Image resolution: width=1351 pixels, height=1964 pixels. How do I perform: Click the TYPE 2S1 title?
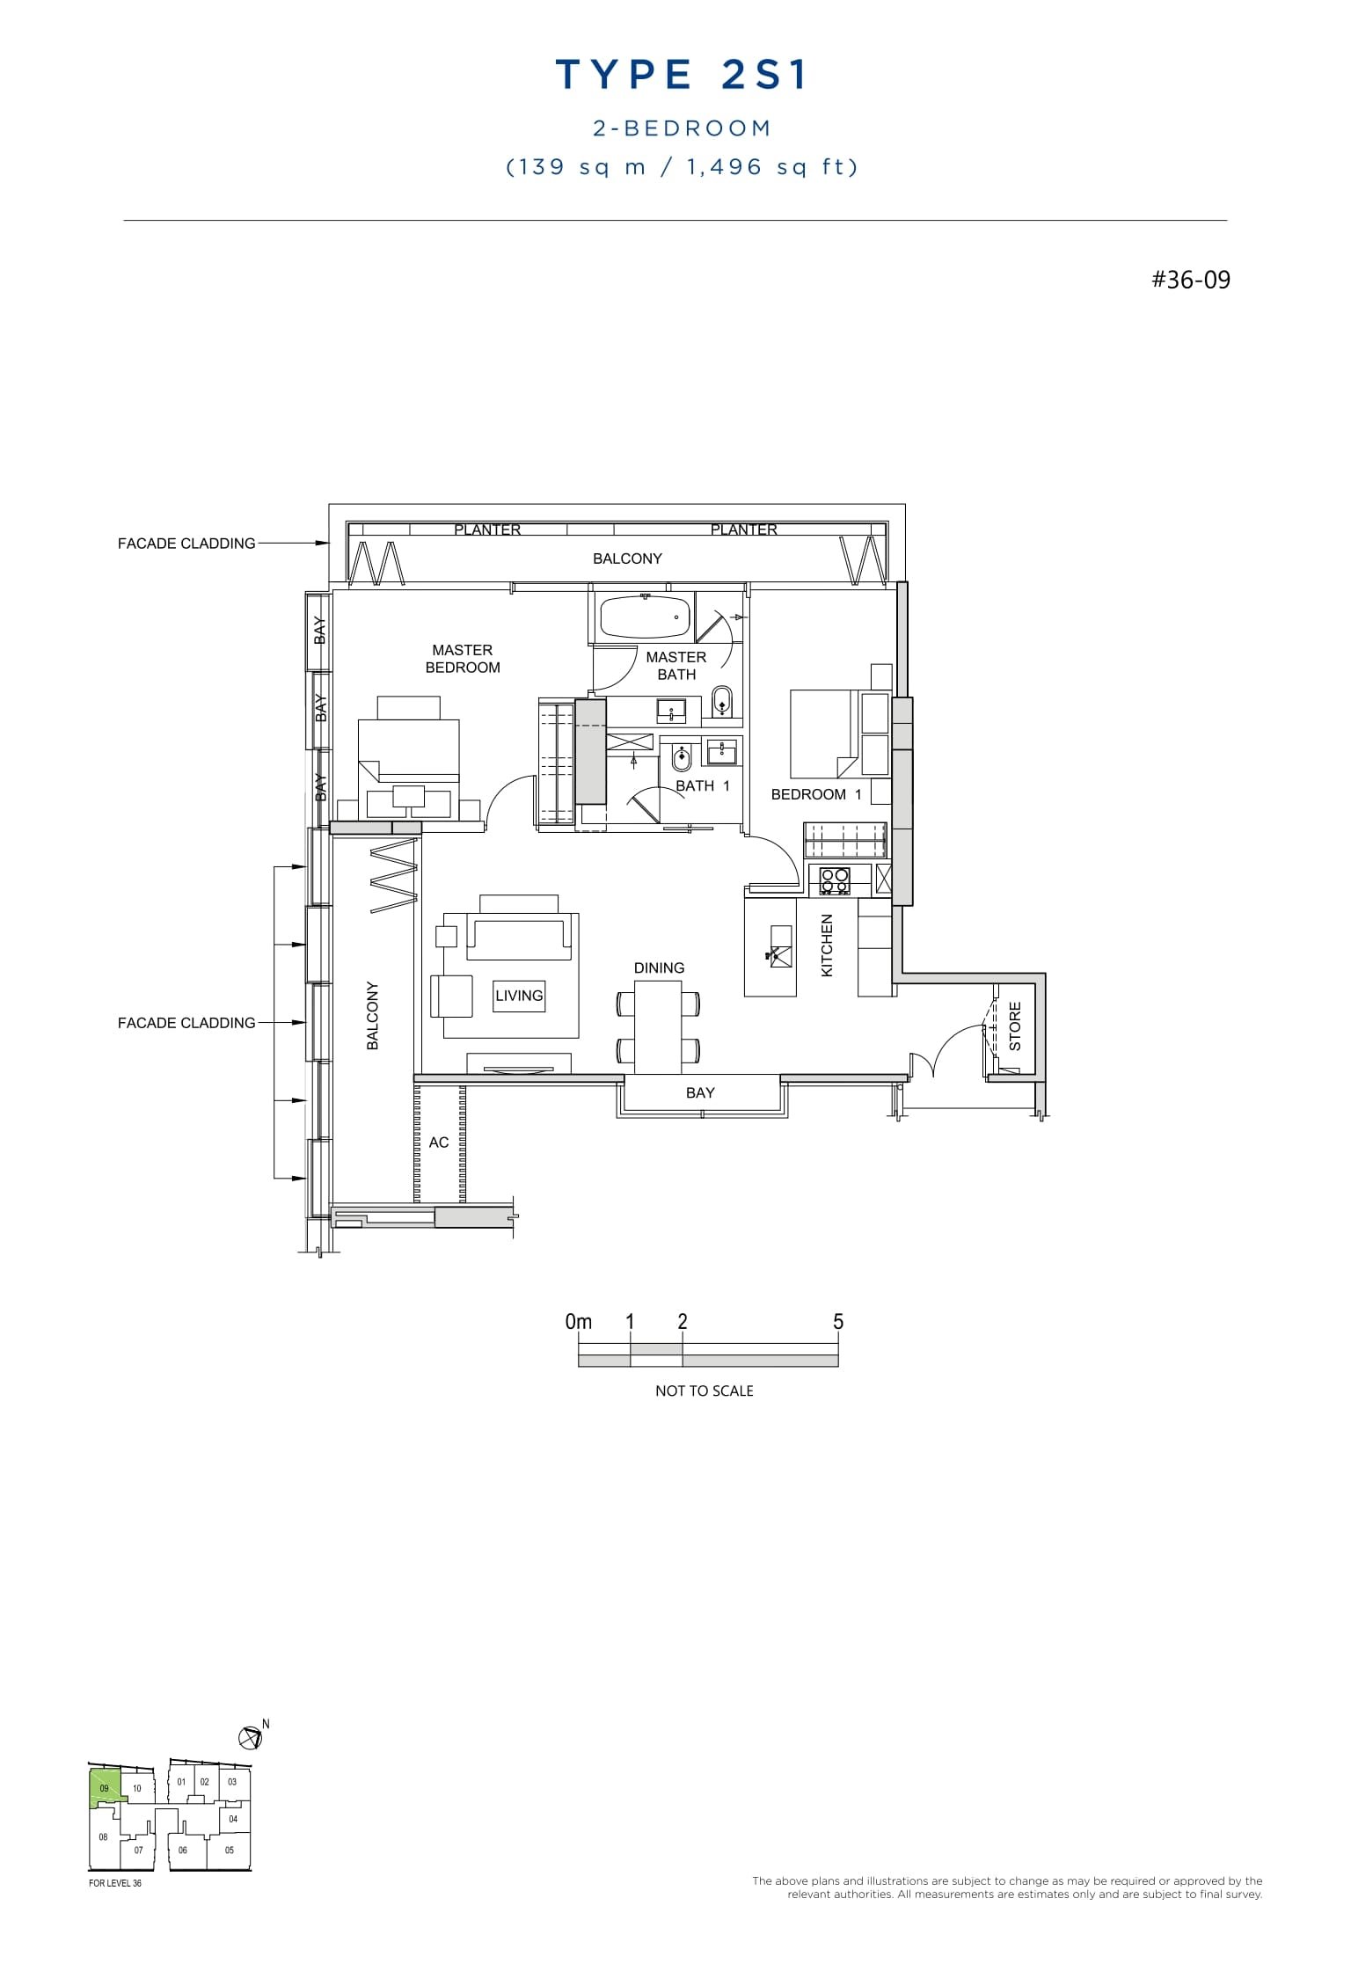(682, 76)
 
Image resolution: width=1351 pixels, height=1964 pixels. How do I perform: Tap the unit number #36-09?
(1191, 281)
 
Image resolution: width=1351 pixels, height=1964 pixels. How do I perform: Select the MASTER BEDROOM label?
(462, 659)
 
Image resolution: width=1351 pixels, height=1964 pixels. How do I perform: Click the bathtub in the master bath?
(645, 617)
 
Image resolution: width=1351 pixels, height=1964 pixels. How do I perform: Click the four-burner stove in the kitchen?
(834, 881)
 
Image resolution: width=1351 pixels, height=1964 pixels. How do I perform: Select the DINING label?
(659, 967)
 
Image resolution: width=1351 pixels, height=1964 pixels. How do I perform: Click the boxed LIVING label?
(519, 996)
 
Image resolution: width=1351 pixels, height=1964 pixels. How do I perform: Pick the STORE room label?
(1015, 1026)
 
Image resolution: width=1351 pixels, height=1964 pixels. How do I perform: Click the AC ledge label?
(439, 1143)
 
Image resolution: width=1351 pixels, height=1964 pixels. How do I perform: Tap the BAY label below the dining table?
(700, 1092)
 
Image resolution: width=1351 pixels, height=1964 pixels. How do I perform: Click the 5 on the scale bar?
(837, 1322)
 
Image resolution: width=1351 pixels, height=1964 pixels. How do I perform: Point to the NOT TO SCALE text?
(704, 1391)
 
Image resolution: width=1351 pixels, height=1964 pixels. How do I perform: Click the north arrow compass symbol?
(250, 1737)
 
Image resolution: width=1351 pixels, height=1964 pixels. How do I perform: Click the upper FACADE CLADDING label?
(186, 544)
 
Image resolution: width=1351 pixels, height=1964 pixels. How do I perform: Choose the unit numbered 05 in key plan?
(230, 1850)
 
